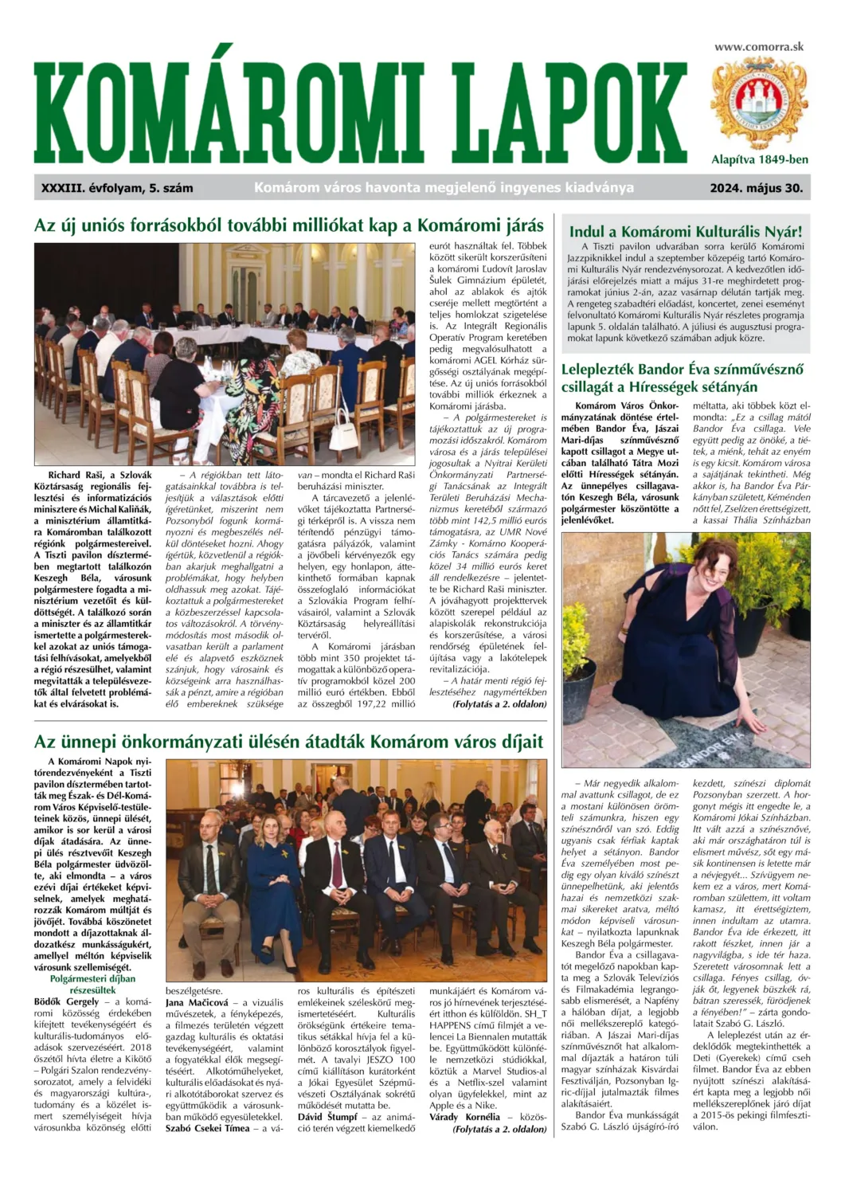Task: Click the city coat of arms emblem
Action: coord(759,103)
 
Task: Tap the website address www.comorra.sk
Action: coord(759,46)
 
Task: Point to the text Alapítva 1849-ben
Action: coord(759,159)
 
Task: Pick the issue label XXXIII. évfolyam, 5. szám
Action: coord(117,189)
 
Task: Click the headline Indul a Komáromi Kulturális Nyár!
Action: coord(686,232)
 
